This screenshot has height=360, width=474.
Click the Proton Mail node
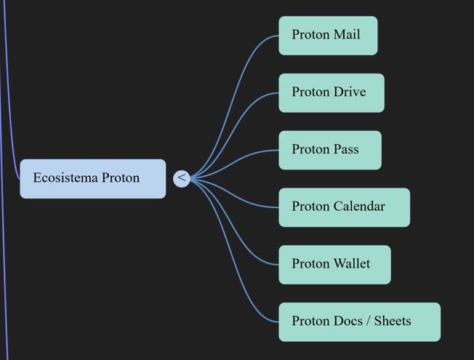pos(328,36)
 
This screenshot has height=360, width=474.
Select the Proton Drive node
pos(331,93)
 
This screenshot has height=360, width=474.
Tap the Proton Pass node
pos(329,150)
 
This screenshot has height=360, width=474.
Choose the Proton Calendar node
pos(344,207)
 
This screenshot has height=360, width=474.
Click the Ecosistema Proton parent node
pos(92,178)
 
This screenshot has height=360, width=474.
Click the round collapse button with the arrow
pos(182,178)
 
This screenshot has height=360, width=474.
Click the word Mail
pos(346,35)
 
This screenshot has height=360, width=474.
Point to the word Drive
pos(349,92)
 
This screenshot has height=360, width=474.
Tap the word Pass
pos(346,150)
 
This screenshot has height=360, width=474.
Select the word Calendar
pos(359,207)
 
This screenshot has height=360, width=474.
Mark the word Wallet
pos(351,264)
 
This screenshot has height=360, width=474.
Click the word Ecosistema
pos(65,178)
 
